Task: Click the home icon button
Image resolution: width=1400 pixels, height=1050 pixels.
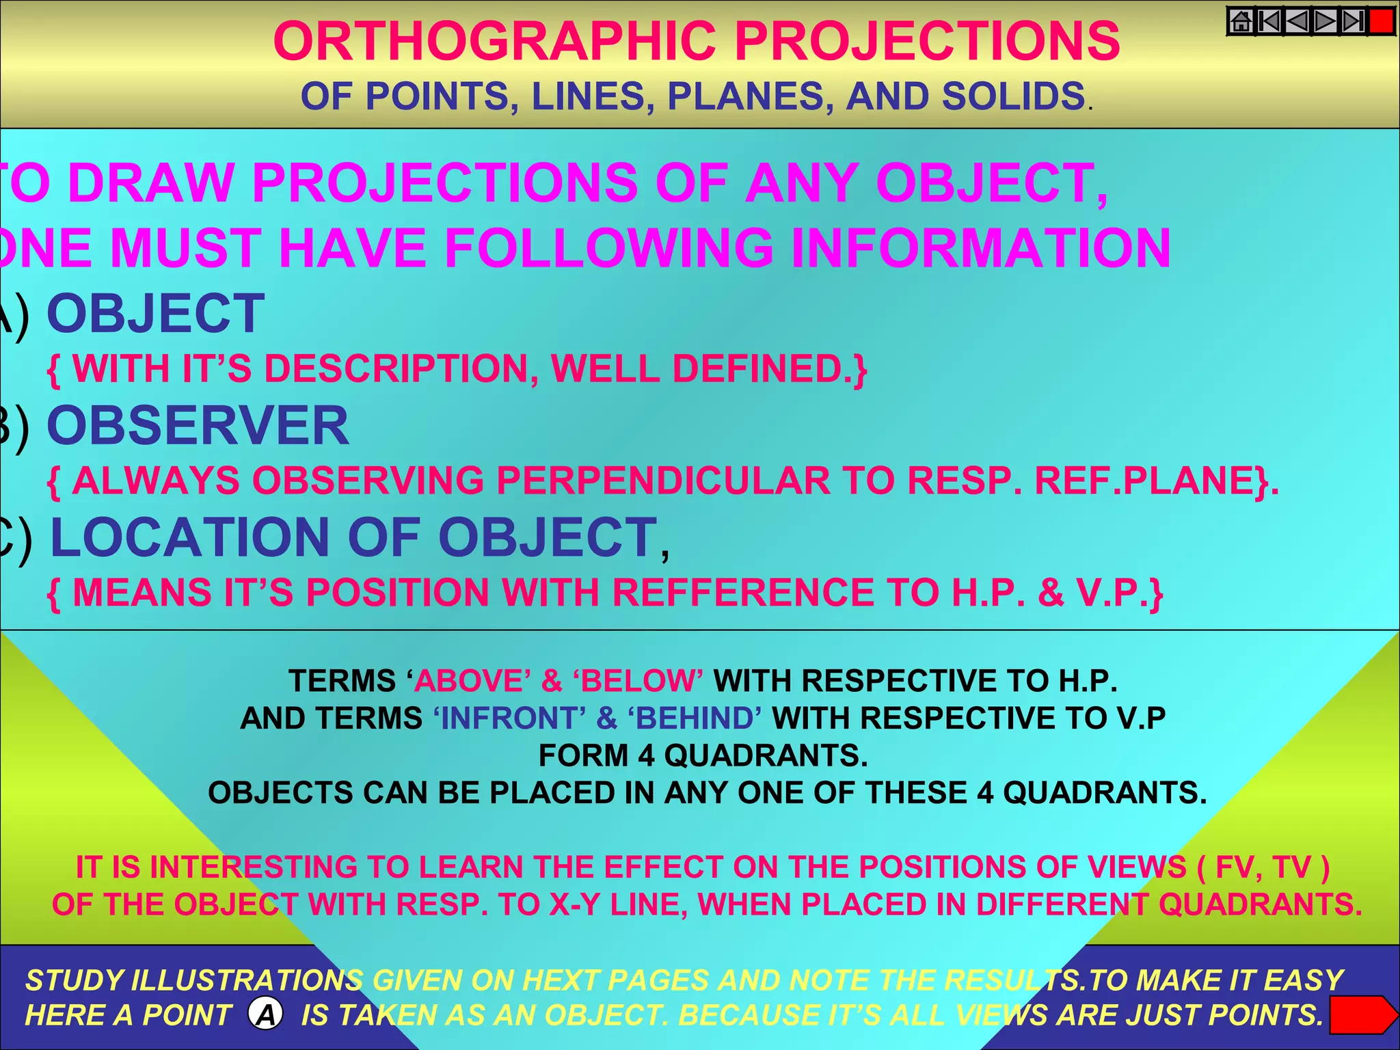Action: (x=1241, y=22)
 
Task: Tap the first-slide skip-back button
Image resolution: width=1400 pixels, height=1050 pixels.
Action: (x=1269, y=22)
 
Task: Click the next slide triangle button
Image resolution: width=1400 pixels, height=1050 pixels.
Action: (x=1325, y=22)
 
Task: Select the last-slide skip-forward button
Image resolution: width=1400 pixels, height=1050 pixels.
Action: (x=1353, y=22)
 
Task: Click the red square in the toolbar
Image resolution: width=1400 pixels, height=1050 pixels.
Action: (x=1382, y=21)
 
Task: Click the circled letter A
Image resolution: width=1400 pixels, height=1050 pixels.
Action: (x=266, y=1014)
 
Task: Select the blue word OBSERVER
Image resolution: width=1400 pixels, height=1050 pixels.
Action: (x=198, y=426)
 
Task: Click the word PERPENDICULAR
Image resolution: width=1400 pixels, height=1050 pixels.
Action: (x=662, y=481)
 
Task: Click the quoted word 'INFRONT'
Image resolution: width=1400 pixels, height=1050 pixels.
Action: (x=510, y=718)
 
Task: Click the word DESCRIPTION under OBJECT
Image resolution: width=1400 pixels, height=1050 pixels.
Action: (x=396, y=369)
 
